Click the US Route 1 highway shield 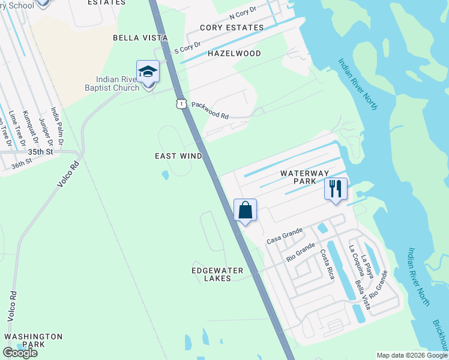(181, 104)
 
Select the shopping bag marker (245, 211)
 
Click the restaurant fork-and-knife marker (336, 190)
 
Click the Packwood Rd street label (210, 110)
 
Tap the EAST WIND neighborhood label (178, 156)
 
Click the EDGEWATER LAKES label (217, 274)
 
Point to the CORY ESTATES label (232, 28)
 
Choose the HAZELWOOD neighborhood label (234, 53)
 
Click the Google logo (20, 353)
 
